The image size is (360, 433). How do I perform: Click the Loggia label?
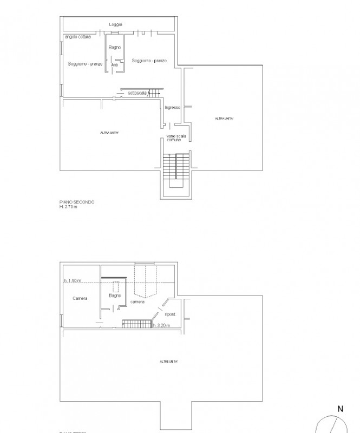[x=115, y=24]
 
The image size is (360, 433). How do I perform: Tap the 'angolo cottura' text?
[x=77, y=37]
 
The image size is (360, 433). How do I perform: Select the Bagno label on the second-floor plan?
[x=114, y=48]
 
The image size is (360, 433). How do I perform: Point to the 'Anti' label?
[x=114, y=65]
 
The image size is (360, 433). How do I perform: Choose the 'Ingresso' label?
[x=172, y=108]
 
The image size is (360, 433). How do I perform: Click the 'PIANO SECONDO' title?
[x=77, y=202]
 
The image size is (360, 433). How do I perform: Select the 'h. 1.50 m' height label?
[x=72, y=280]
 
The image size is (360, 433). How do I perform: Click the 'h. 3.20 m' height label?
[x=161, y=325]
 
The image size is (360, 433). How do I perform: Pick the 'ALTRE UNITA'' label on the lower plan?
[x=169, y=361]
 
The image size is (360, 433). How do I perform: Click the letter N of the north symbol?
[x=341, y=409]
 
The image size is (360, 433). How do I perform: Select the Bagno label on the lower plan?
[x=114, y=296]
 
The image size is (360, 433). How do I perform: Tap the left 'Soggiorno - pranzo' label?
[x=85, y=64]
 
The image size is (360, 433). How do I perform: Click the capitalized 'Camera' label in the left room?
[x=80, y=298]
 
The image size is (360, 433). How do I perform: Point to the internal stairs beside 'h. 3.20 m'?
[x=136, y=324]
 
